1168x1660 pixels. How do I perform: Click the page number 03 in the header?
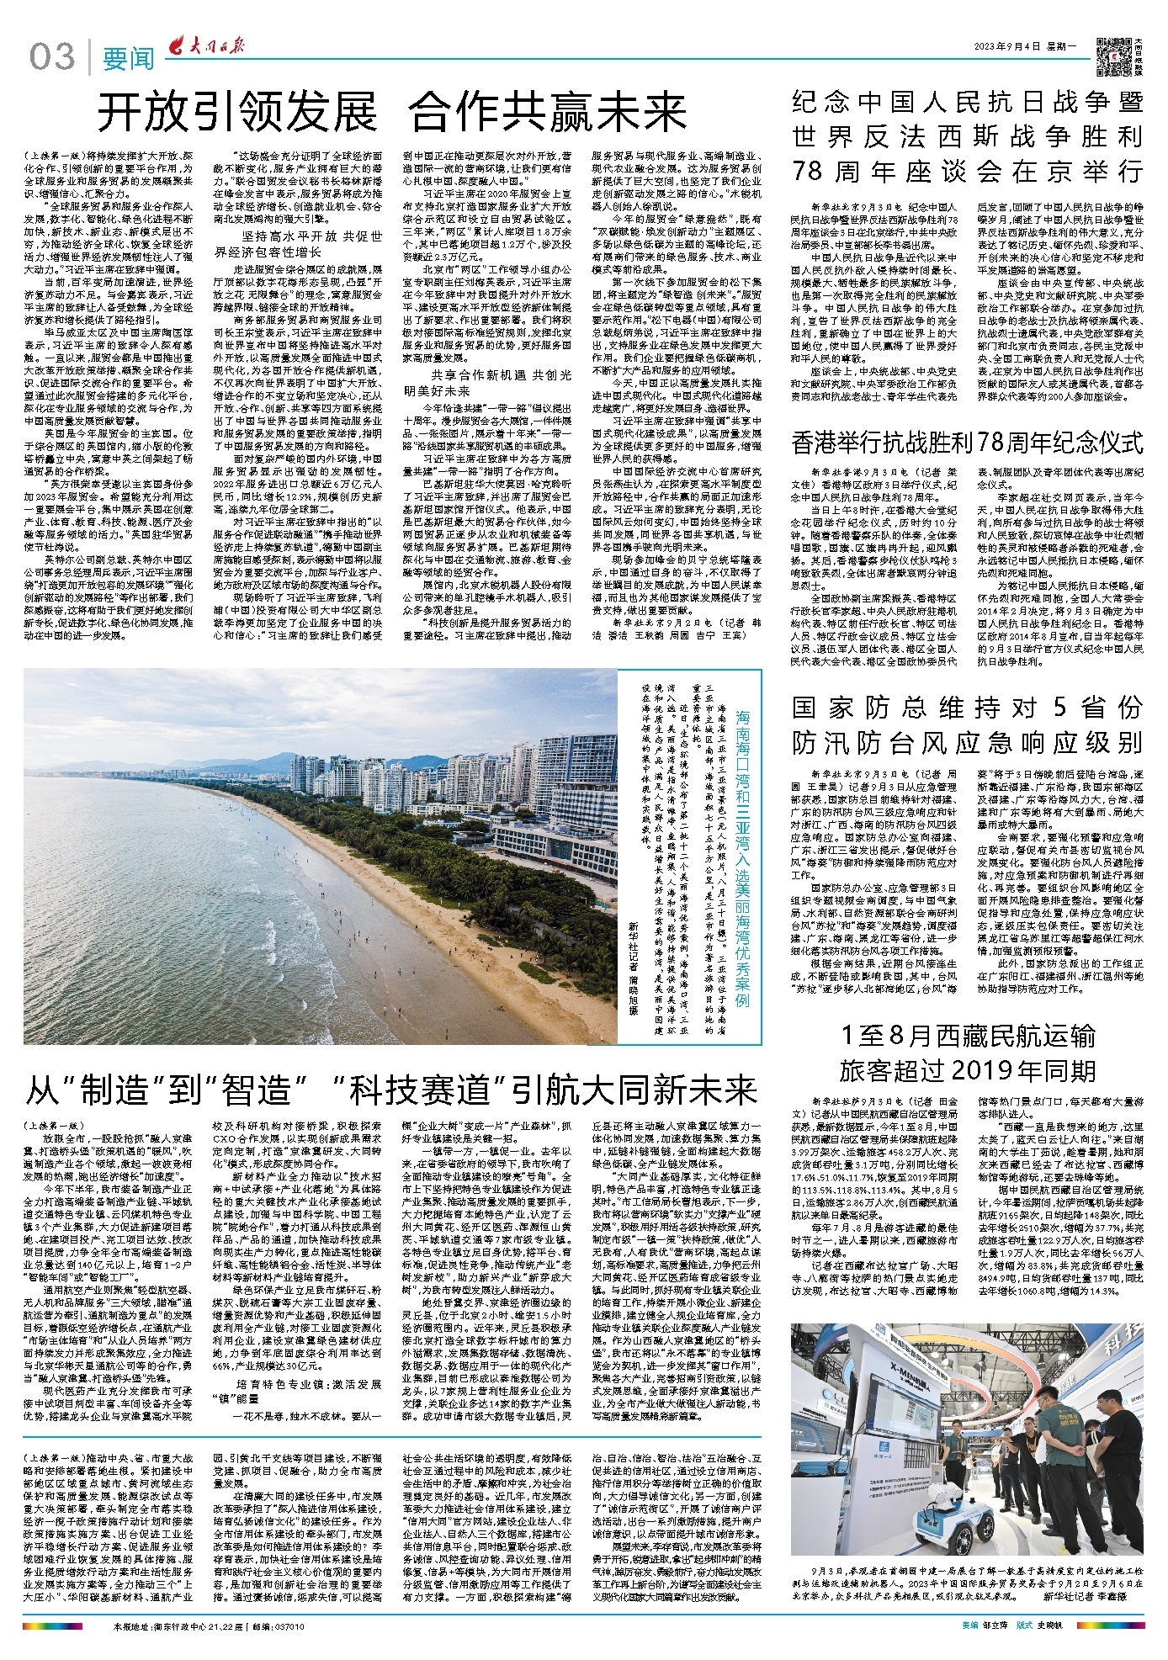(52, 57)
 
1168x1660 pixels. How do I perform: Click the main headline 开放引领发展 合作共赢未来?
(392, 112)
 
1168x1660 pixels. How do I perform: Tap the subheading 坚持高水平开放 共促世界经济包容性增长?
(299, 244)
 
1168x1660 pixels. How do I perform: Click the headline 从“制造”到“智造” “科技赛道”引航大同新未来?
(392, 1091)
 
